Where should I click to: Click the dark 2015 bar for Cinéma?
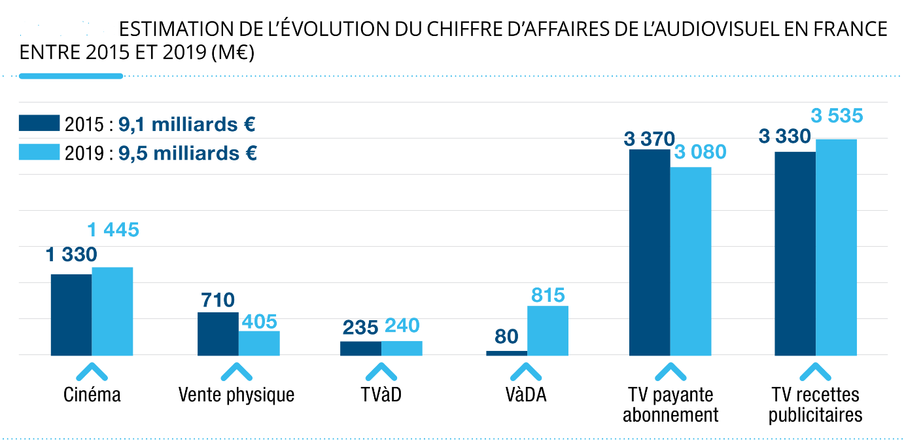[71, 315]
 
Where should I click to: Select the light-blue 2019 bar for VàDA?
[548, 331]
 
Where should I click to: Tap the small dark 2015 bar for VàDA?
[507, 353]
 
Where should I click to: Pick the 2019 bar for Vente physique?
[259, 343]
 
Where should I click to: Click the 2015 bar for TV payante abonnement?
[650, 252]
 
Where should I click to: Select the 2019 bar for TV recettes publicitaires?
[836, 247]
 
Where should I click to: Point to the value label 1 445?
[113, 230]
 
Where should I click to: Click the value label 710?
[218, 301]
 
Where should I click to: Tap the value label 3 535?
[837, 117]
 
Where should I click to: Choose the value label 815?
[548, 295]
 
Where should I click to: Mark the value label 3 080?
[699, 153]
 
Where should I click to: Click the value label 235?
[360, 327]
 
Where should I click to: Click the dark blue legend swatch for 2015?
[39, 124]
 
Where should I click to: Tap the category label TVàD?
[381, 395]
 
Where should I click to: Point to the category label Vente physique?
[236, 395]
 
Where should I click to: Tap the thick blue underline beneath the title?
[71, 76]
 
